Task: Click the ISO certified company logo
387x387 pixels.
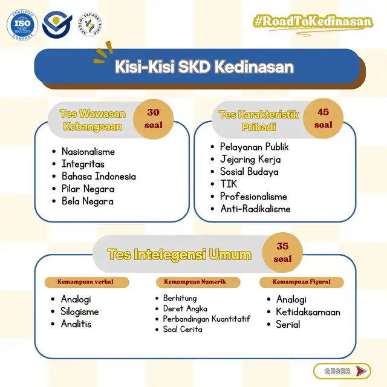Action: point(22,25)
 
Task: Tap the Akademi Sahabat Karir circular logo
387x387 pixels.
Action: point(90,24)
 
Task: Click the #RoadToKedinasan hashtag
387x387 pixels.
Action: point(313,22)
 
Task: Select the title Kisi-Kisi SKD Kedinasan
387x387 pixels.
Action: point(204,67)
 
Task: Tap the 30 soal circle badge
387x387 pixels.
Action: point(153,119)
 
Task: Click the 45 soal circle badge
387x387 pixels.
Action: point(324,119)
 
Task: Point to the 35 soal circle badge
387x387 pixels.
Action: point(282,253)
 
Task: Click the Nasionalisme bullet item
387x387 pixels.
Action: point(88,152)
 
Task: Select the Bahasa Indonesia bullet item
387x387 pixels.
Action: point(99,176)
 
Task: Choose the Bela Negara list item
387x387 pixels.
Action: point(88,201)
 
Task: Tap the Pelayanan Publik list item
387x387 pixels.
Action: point(254,147)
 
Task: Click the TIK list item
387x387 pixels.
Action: point(229,184)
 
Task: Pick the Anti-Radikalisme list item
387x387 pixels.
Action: point(255,209)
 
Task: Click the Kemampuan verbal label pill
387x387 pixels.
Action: point(86,282)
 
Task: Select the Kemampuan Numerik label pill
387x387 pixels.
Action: point(198,282)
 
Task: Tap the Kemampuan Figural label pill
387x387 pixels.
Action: point(302,282)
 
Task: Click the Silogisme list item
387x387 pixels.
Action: point(80,312)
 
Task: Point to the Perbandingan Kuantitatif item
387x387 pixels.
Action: point(207,319)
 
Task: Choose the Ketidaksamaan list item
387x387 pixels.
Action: point(308,312)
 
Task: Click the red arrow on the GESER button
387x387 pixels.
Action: point(361,371)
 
